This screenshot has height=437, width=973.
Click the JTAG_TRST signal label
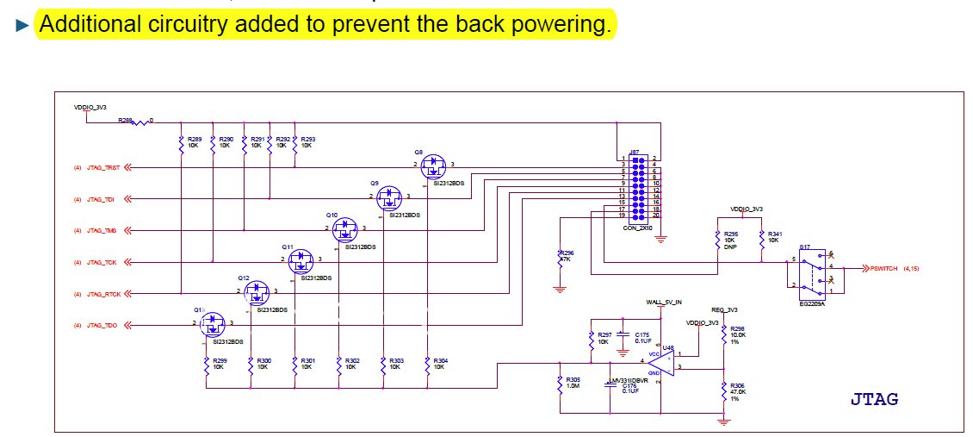tap(102, 167)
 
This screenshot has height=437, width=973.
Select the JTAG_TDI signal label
tap(100, 199)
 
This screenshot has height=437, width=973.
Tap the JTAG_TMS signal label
tap(101, 231)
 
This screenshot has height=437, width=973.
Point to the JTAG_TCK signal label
tap(101, 262)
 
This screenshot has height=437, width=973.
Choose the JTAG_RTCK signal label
tap(102, 294)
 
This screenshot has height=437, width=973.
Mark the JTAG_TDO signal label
tap(101, 325)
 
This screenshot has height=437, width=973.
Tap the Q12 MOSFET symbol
tap(257, 294)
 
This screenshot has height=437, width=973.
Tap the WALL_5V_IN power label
tap(663, 303)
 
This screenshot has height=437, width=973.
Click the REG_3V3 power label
tap(722, 310)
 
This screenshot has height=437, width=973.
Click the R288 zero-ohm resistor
tap(139, 121)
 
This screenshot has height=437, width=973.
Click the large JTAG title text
tap(875, 399)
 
